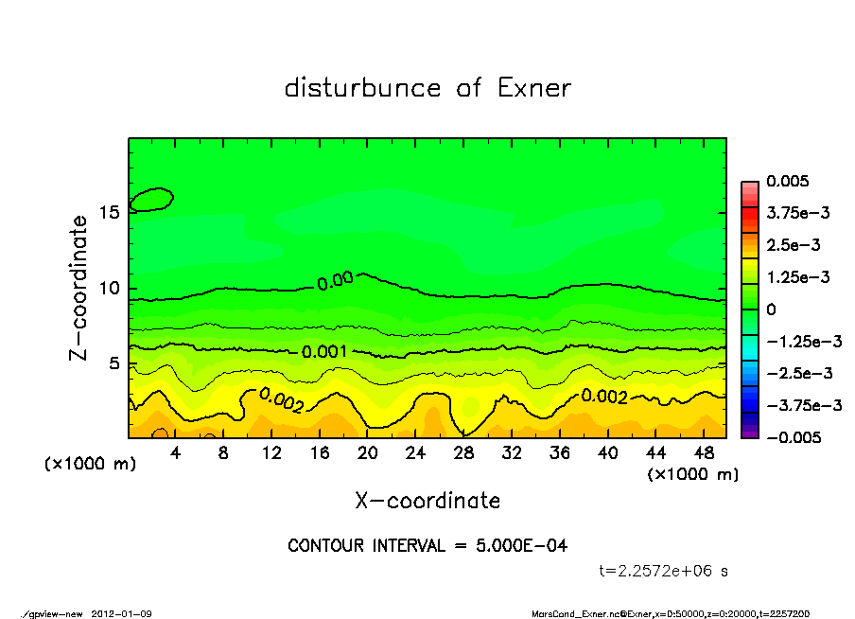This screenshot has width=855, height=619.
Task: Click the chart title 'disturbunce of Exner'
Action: (427, 88)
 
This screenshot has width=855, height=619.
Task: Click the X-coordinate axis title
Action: (427, 500)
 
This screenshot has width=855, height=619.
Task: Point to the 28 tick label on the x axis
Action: (463, 453)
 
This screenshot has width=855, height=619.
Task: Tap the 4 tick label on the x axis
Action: (176, 453)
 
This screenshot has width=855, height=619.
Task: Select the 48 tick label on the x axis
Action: (704, 453)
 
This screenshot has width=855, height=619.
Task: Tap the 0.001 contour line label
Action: (323, 352)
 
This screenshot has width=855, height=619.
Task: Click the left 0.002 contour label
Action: (281, 401)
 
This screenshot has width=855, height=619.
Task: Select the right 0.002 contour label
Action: (603, 396)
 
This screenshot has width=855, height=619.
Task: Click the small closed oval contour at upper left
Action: (151, 199)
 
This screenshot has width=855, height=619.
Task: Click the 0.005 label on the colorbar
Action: (789, 182)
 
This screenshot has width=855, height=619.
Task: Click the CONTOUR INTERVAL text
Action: (427, 546)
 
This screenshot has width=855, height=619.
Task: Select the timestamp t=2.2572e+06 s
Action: (664, 571)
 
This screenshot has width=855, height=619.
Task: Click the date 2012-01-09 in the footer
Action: (122, 613)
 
